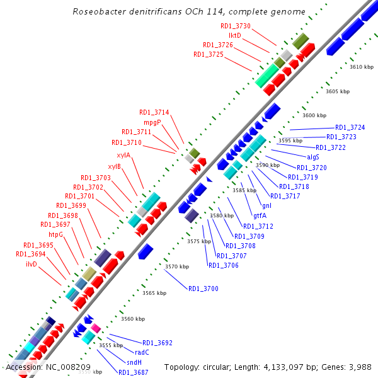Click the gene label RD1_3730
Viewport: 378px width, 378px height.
(236, 26)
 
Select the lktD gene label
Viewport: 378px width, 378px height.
(235, 36)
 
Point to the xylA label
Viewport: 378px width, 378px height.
(123, 155)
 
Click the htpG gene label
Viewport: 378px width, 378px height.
(55, 234)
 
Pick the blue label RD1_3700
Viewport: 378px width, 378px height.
(203, 289)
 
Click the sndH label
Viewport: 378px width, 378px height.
(134, 362)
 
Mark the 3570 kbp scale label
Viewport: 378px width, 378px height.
(177, 267)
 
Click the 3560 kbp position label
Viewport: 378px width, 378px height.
(133, 319)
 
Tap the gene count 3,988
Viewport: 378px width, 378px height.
(359, 367)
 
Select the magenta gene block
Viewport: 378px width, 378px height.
(96, 328)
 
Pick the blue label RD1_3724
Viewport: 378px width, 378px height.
(350, 127)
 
